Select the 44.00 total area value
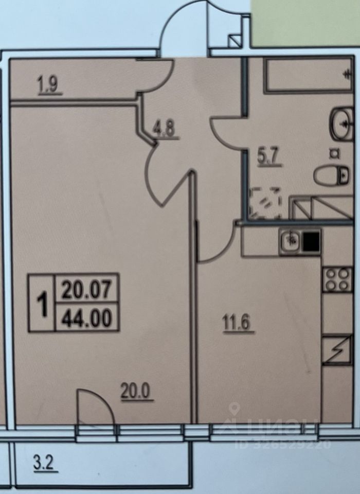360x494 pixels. point(87,317)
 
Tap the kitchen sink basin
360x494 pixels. point(291,240)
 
